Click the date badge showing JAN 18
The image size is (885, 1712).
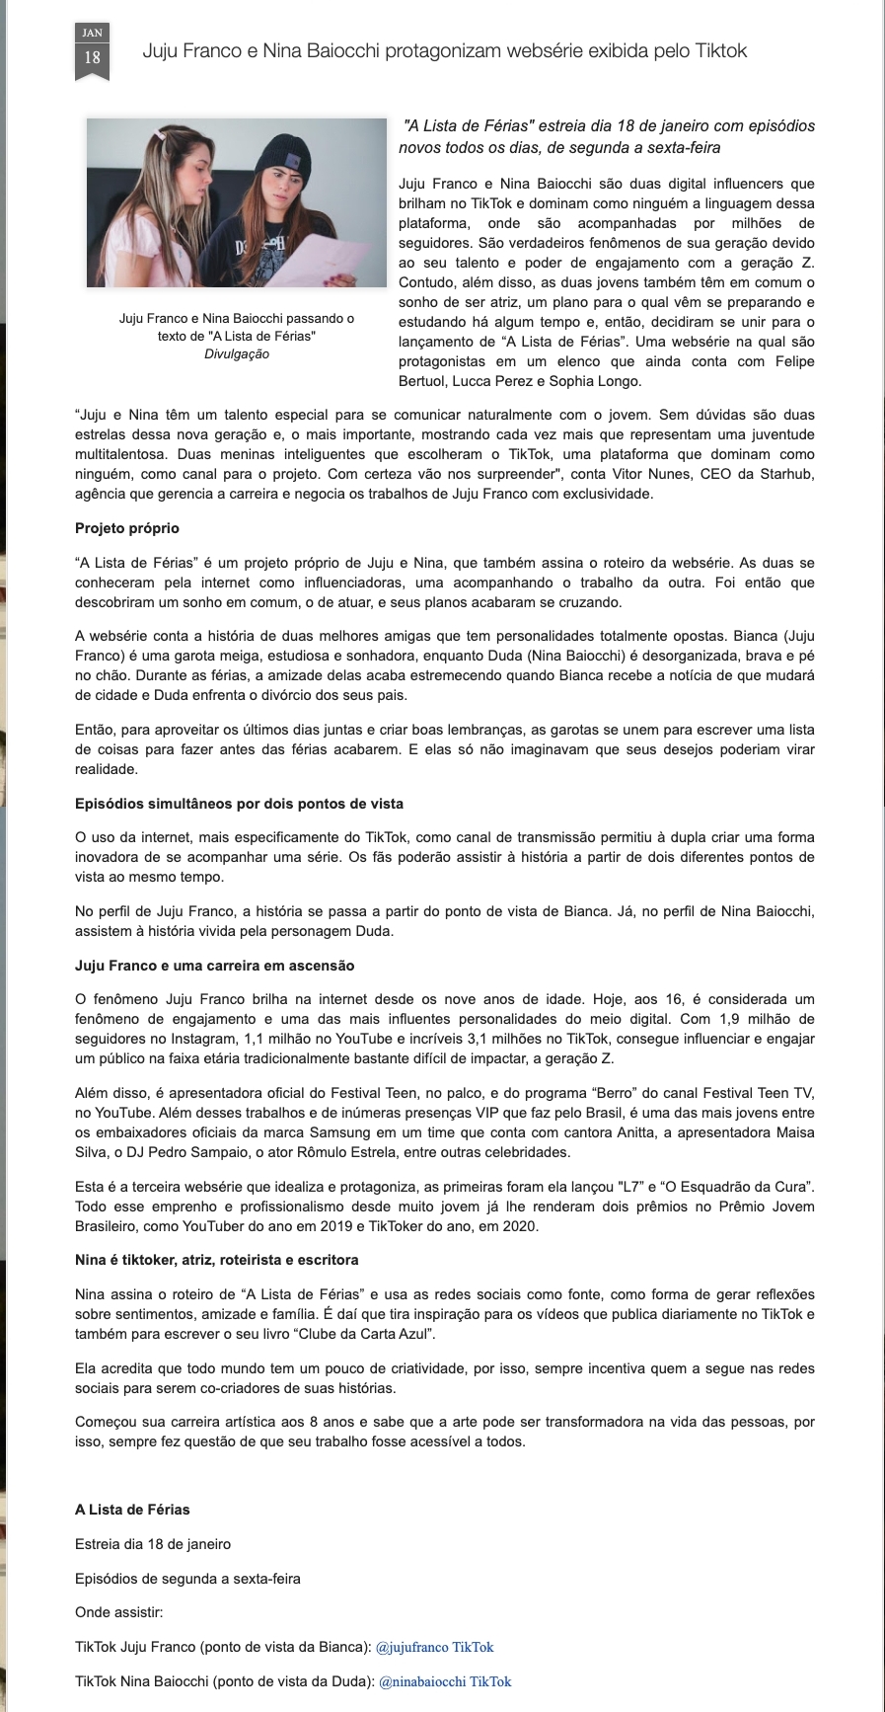pyautogui.click(x=92, y=50)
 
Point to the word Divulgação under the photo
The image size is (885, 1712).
pyautogui.click(x=237, y=354)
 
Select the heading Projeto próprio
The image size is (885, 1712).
pyautogui.click(x=127, y=528)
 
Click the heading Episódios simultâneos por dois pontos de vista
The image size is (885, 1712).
pyautogui.click(x=239, y=804)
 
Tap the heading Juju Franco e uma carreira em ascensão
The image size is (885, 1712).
pyautogui.click(x=214, y=966)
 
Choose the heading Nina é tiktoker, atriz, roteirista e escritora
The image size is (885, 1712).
pyautogui.click(x=216, y=1260)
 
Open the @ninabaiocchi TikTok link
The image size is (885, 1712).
pyautogui.click(x=445, y=1681)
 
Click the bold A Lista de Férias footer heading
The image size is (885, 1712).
pyautogui.click(x=132, y=1510)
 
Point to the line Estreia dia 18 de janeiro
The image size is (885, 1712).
pyautogui.click(x=153, y=1544)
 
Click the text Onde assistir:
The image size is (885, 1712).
pyautogui.click(x=118, y=1612)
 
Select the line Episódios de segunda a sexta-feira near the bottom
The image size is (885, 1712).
pyautogui.click(x=187, y=1578)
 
